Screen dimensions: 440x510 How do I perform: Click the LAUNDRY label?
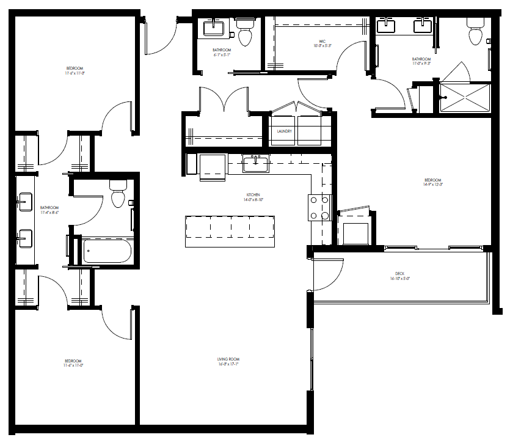pos(284,131)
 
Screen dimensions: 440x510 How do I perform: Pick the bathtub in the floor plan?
pos(107,251)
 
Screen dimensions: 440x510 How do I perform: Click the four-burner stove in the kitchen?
pos(318,207)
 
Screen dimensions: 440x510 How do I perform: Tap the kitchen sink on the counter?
pos(255,163)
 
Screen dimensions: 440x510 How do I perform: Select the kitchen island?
pos(230,231)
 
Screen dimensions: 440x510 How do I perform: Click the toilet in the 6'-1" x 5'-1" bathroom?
pos(246,34)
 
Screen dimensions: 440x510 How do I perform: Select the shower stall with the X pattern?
pos(465,98)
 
